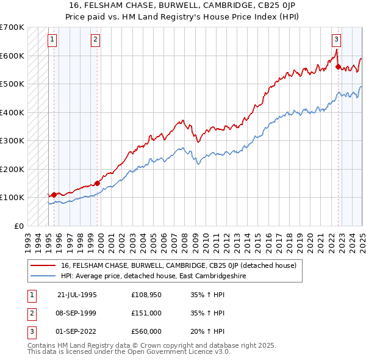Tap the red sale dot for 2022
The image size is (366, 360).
(338, 67)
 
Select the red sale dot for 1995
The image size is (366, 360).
(54, 195)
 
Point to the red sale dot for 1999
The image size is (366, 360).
(98, 182)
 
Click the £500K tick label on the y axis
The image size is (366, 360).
(12, 84)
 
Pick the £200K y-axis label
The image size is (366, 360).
(12, 169)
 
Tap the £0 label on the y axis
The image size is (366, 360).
(18, 226)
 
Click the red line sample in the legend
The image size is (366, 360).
(43, 265)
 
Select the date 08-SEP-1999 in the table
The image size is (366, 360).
(76, 313)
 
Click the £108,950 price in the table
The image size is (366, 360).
(146, 295)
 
